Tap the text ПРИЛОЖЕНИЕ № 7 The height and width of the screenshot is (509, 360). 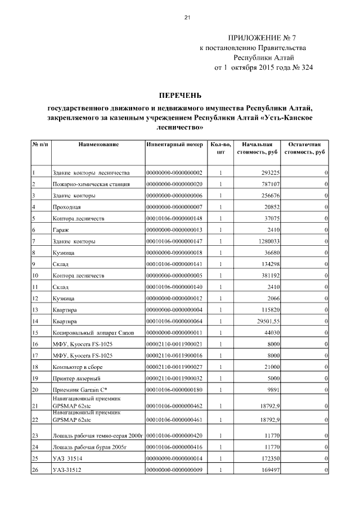click(x=260, y=37)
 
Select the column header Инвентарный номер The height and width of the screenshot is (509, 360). click(x=174, y=145)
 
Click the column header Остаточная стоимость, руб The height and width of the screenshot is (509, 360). click(x=304, y=148)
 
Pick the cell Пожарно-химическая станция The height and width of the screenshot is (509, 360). click(x=91, y=184)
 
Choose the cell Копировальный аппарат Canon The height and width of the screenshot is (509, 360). click(x=93, y=333)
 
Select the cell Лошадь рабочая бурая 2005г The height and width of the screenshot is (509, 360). click(x=91, y=447)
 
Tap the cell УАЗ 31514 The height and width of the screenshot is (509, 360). click(x=67, y=459)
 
